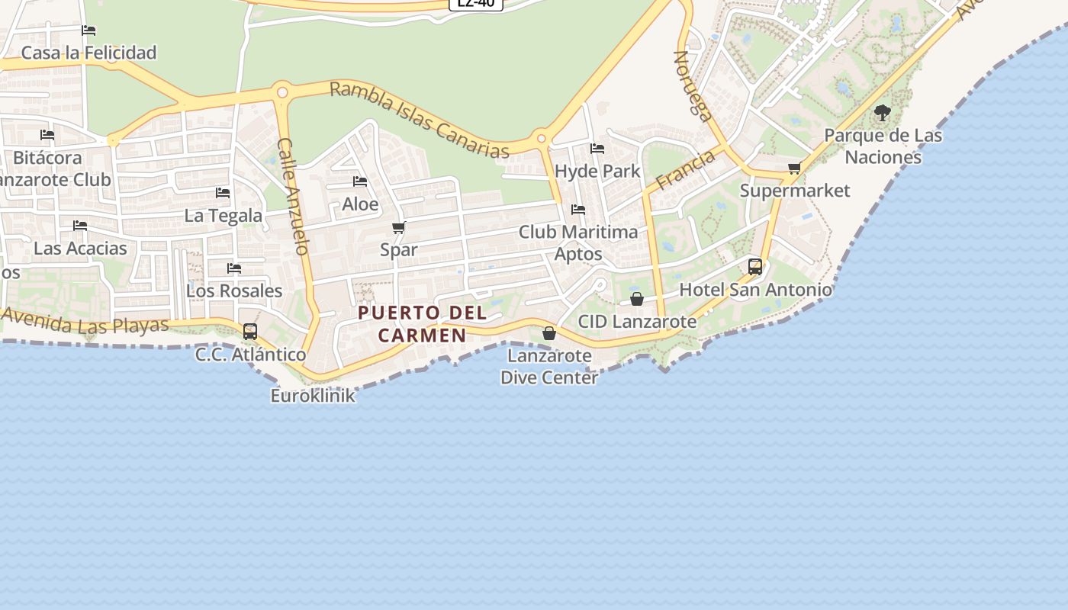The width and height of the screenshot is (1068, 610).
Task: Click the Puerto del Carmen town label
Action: pyautogui.click(x=422, y=323)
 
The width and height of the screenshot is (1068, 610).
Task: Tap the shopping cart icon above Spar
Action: pyautogui.click(x=398, y=227)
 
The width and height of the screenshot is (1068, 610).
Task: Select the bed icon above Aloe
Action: pyautogui.click(x=360, y=181)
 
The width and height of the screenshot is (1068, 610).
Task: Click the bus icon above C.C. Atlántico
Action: pyautogui.click(x=250, y=332)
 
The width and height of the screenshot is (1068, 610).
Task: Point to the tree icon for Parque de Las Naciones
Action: pyautogui.click(x=883, y=114)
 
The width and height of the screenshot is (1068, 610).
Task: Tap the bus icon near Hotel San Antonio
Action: pyautogui.click(x=755, y=267)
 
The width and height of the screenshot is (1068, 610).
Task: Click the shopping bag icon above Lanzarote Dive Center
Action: pyautogui.click(x=548, y=333)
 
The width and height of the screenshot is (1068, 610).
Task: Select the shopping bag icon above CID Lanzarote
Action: pyautogui.click(x=637, y=299)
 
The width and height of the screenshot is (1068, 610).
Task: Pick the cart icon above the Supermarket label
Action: pyautogui.click(x=794, y=168)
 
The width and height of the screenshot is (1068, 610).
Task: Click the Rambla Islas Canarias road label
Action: pyautogui.click(x=420, y=120)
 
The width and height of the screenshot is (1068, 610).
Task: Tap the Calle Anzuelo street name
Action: pyautogui.click(x=293, y=196)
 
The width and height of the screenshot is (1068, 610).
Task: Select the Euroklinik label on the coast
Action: pyautogui.click(x=313, y=396)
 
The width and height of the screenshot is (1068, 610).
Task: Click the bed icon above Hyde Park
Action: pyautogui.click(x=597, y=149)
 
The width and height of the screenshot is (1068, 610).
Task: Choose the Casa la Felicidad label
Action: pyautogui.click(x=88, y=53)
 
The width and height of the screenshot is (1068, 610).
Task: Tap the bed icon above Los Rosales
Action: pyautogui.click(x=234, y=268)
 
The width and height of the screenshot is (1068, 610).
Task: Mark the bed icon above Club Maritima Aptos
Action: pyautogui.click(x=578, y=209)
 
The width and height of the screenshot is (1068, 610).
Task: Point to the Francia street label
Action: pyautogui.click(x=686, y=169)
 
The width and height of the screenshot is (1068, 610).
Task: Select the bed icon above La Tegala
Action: pyautogui.click(x=223, y=193)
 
